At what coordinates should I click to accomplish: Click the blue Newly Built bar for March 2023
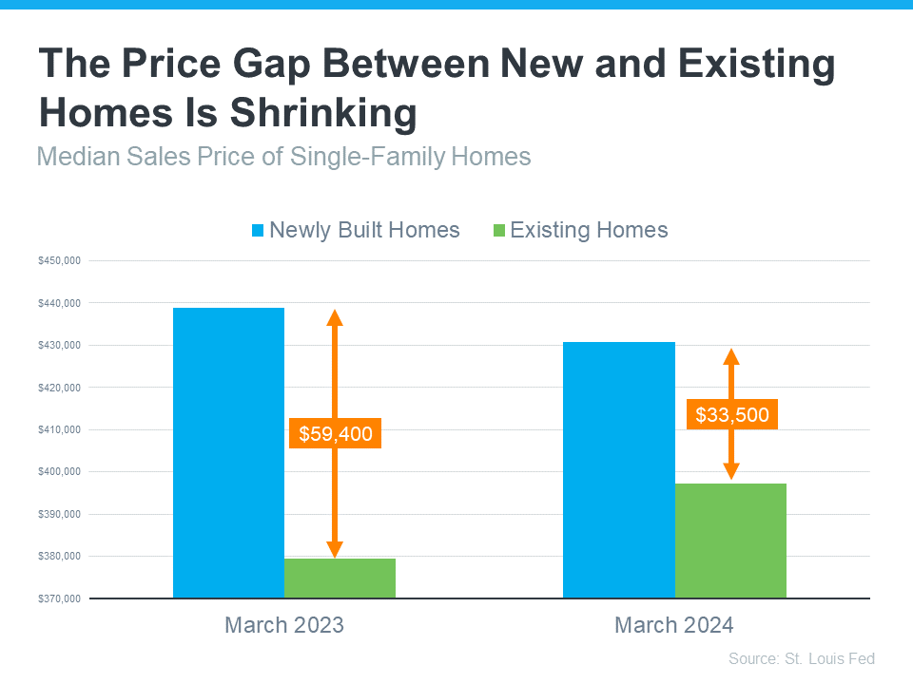tap(228, 453)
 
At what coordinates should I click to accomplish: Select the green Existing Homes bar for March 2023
tap(340, 579)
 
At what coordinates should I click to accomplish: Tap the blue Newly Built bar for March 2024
tap(618, 470)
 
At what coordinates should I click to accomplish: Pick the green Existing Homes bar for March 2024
tap(730, 541)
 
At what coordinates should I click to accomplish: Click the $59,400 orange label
tap(335, 434)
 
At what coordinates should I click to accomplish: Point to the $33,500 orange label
tap(731, 415)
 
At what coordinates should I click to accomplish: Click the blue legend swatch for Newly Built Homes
tap(258, 231)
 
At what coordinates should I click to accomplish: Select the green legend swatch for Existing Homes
tap(498, 231)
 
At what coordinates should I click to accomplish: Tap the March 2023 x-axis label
tap(283, 625)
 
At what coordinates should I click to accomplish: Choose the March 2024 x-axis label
tap(674, 625)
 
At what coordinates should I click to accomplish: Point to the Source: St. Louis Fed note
tap(801, 658)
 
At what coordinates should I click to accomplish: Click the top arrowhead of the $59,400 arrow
tap(335, 317)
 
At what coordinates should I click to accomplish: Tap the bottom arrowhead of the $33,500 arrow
tap(731, 471)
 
